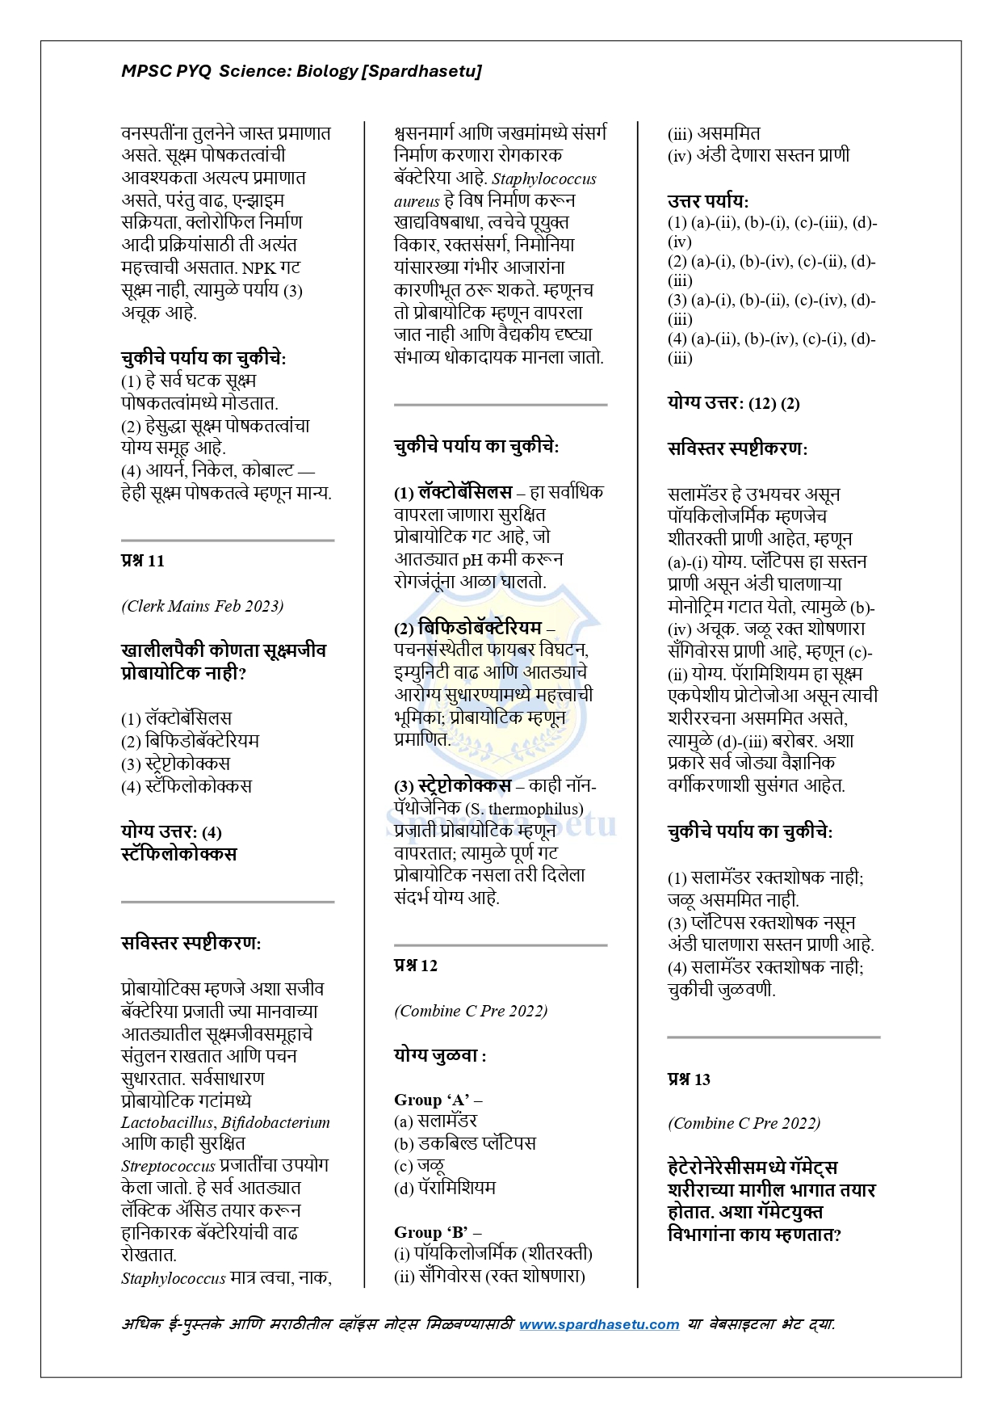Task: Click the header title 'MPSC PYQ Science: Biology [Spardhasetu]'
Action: click(301, 71)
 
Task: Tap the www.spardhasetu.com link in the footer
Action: click(598, 1324)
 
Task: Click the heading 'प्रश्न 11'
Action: click(143, 561)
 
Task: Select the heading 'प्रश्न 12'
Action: click(416, 966)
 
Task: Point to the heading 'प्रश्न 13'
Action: click(689, 1079)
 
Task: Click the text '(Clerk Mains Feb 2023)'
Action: click(203, 606)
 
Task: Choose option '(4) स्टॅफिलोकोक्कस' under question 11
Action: click(187, 786)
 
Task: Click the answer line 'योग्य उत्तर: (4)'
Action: click(171, 832)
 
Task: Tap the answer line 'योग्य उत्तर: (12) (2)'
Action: click(733, 403)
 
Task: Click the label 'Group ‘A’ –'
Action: click(438, 1100)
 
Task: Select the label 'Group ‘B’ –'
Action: click(438, 1232)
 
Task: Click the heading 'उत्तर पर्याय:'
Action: click(708, 201)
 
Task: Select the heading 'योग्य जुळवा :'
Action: click(440, 1056)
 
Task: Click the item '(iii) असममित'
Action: click(714, 134)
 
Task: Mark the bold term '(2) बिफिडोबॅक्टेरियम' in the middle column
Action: click(468, 628)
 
